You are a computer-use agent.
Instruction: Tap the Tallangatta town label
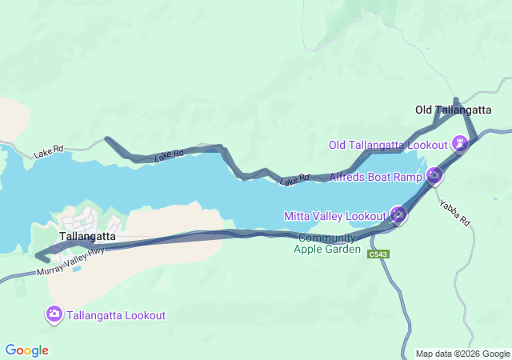[x=87, y=237]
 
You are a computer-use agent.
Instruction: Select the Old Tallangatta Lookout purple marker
[x=460, y=144]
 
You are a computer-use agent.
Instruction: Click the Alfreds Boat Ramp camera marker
[x=434, y=174]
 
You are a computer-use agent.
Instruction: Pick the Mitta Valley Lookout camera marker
[x=398, y=214]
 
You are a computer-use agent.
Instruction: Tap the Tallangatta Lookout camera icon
[x=54, y=314]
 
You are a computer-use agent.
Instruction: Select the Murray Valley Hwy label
[x=70, y=263]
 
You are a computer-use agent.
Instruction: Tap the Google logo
[x=26, y=350]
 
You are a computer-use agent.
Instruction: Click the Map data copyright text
[x=462, y=354]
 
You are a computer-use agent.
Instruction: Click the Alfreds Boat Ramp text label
[x=375, y=175]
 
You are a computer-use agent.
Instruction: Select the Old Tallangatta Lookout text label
[x=388, y=145]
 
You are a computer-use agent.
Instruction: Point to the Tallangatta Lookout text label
[x=117, y=315]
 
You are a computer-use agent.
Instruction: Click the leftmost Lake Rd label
[x=49, y=150]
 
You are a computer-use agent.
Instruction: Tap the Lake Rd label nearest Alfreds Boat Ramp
[x=294, y=181]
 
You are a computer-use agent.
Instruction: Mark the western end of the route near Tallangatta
[x=38, y=256]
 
